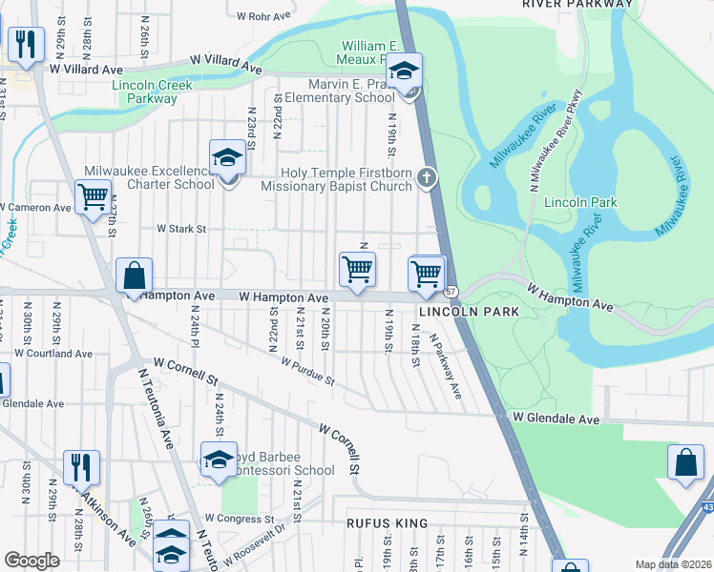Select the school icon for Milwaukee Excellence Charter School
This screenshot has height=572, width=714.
pos(227,157)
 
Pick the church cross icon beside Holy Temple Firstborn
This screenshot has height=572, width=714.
pos(429,176)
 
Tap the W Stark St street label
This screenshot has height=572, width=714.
pos(181,229)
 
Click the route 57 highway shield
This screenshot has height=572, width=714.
pos(451,291)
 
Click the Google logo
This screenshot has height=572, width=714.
pos(31,561)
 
